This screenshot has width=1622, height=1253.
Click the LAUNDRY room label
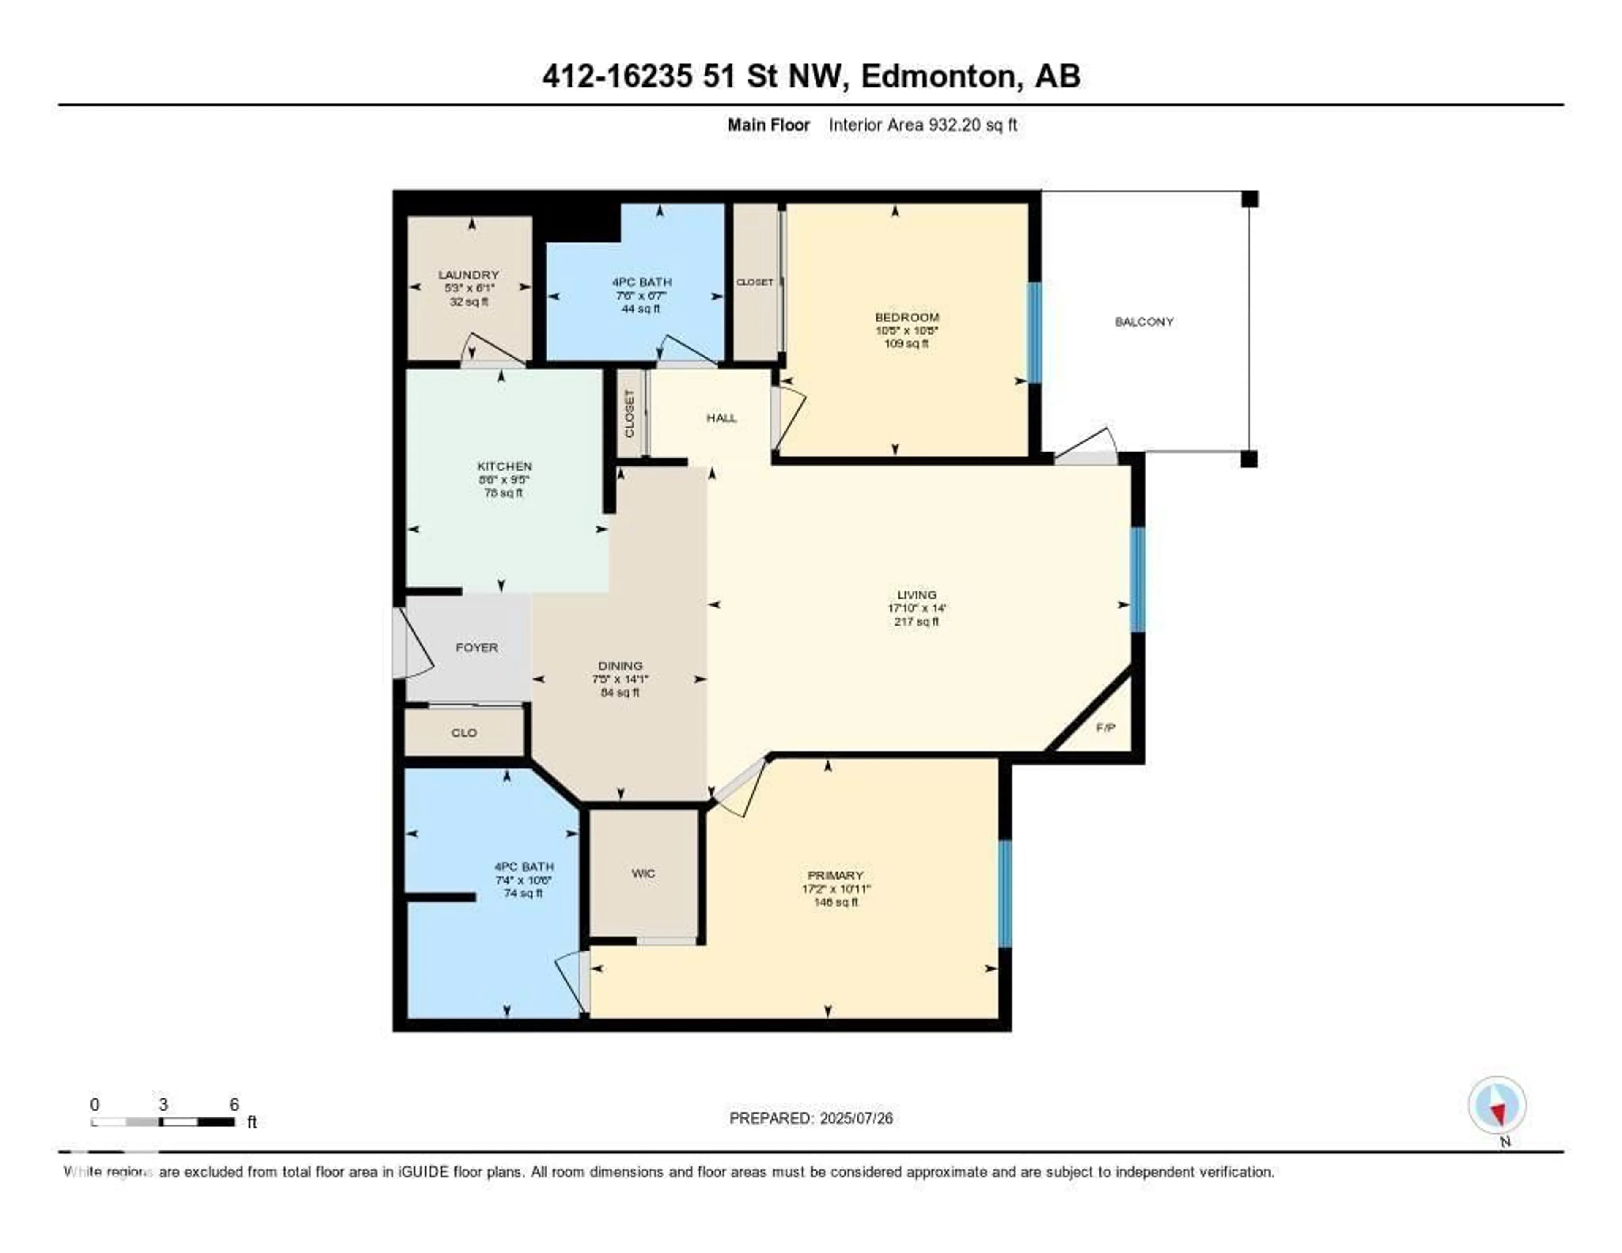tap(468, 275)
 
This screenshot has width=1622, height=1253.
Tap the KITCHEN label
tap(504, 466)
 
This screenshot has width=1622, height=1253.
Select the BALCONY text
tap(1144, 321)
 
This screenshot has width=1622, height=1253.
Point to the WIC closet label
tap(643, 874)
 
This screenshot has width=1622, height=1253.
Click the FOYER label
tap(476, 648)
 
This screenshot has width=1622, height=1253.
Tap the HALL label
tap(721, 418)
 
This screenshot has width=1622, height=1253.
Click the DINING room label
tap(620, 666)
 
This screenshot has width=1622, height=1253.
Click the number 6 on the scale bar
tap(234, 1104)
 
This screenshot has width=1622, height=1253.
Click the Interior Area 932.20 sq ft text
tap(923, 125)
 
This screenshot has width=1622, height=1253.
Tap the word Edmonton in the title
tap(937, 76)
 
